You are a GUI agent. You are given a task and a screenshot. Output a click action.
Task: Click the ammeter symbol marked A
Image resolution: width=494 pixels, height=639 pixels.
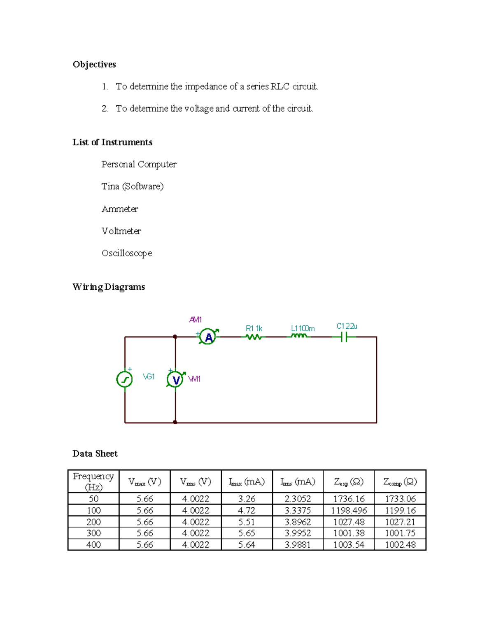[x=208, y=337]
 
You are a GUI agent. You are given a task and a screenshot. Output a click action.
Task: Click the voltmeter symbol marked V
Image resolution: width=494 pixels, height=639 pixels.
[x=176, y=379]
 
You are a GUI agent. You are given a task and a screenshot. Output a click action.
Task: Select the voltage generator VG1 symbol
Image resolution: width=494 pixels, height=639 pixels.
[x=124, y=379]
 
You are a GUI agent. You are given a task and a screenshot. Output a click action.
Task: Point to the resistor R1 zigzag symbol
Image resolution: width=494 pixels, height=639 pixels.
[x=254, y=337]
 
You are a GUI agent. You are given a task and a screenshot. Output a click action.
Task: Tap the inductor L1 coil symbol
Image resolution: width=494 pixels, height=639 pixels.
[x=299, y=336]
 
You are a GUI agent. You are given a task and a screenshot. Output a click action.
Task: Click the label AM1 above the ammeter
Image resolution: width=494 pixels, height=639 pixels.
[x=196, y=320]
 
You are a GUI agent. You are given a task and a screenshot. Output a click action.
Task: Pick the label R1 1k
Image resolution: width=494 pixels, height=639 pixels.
[x=254, y=328]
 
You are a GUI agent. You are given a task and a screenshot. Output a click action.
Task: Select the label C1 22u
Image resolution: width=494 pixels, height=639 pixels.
[x=347, y=326]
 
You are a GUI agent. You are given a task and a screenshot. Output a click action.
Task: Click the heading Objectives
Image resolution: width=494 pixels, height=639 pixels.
[x=94, y=64]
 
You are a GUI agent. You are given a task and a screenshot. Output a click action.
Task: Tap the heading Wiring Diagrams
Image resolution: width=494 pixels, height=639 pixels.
[x=109, y=287]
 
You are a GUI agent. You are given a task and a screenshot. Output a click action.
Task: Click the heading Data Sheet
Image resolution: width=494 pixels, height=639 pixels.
[x=95, y=453]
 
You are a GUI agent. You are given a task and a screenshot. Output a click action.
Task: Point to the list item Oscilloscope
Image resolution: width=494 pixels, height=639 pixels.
[x=127, y=253]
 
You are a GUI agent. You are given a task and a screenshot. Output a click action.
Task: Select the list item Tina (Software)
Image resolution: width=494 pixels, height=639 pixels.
[x=133, y=186]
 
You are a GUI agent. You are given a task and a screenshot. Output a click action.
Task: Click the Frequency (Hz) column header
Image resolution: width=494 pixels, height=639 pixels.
[x=93, y=481]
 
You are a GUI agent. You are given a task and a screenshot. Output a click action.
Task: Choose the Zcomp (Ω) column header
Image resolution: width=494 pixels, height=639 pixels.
[x=400, y=481]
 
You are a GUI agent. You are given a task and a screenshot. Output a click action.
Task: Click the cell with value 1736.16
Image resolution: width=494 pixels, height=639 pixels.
[x=349, y=499]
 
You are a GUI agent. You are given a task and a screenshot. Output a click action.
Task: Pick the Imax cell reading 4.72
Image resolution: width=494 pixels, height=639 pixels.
[x=247, y=510]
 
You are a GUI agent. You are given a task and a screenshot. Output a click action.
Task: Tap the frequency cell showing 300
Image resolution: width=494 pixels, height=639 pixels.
[x=93, y=533]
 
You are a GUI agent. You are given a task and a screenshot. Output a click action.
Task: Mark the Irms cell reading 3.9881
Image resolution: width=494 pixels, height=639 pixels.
[x=298, y=544]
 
